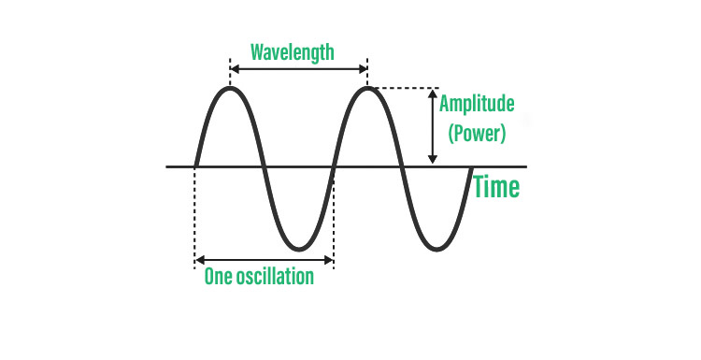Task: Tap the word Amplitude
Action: [x=477, y=104]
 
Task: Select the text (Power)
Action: [x=477, y=133]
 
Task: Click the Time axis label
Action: [x=495, y=187]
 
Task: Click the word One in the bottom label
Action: [x=217, y=278]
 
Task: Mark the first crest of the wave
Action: [x=230, y=89]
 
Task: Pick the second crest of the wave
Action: [x=367, y=89]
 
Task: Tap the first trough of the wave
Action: [x=298, y=248]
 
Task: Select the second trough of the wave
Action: [x=436, y=248]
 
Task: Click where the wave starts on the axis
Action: [x=195, y=166]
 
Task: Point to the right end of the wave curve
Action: [x=470, y=168]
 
